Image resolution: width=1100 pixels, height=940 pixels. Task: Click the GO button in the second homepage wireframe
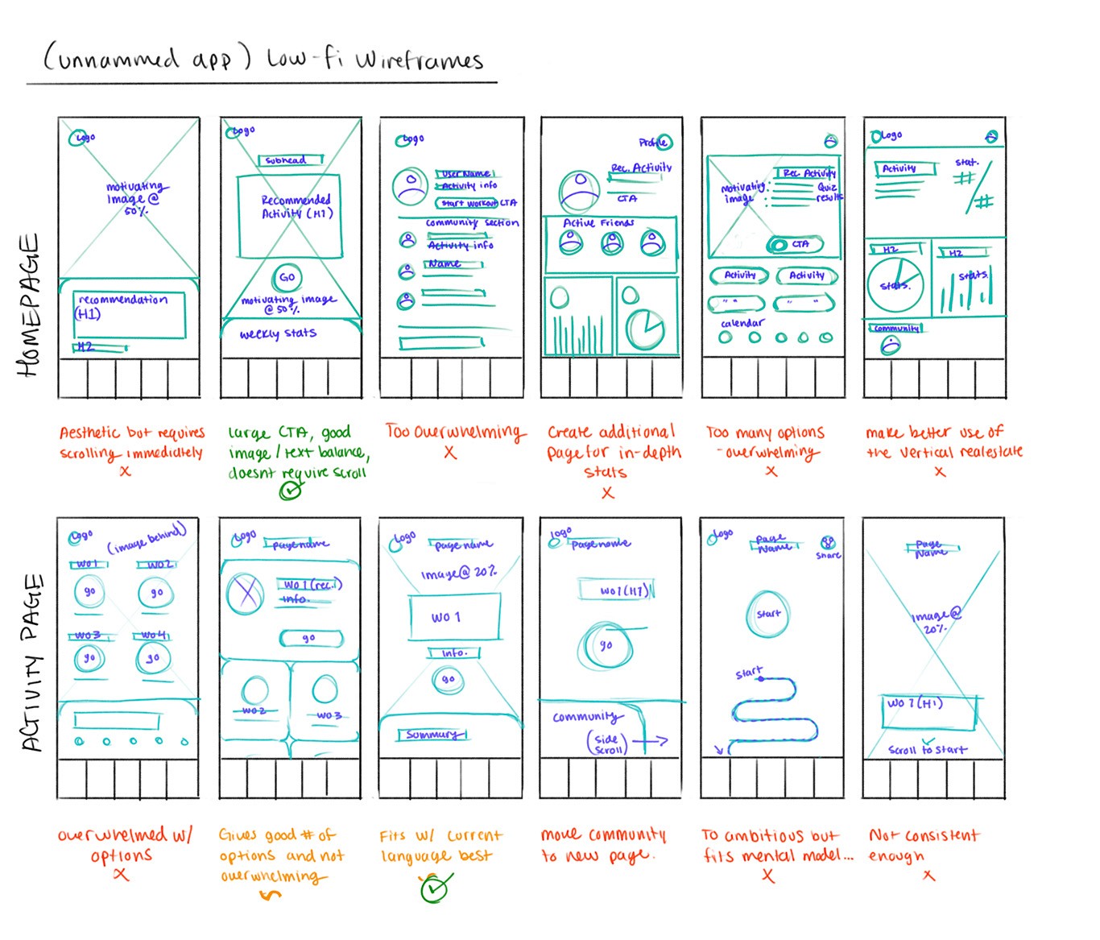pos(287,278)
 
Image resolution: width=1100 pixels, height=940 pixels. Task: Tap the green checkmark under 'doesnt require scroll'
pos(291,490)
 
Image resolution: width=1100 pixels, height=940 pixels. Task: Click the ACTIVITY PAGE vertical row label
pos(32,662)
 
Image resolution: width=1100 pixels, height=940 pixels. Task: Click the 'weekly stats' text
pos(278,333)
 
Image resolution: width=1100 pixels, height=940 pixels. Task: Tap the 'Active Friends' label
pos(598,223)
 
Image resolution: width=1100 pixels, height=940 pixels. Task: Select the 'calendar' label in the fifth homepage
pos(742,323)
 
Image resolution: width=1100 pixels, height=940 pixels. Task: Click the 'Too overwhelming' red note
pos(454,433)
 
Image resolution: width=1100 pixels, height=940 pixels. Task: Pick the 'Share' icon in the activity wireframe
pos(828,544)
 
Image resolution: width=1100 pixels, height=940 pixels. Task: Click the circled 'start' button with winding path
pos(768,614)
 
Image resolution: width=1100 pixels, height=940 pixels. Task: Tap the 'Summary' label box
pos(432,735)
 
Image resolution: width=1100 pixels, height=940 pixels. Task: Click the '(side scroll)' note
pos(607,743)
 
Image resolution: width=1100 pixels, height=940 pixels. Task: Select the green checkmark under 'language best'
pos(436,888)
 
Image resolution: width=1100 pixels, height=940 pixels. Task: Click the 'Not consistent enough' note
pos(923,845)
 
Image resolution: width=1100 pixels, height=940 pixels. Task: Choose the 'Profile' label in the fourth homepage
pos(651,143)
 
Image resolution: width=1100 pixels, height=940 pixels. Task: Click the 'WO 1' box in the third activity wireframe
pos(448,617)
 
